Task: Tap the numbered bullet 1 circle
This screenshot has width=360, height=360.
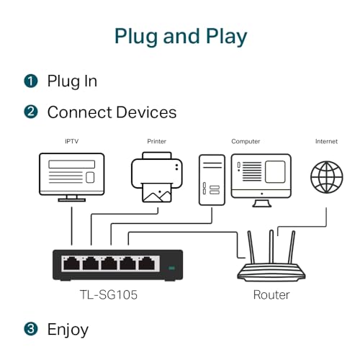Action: pos(30,81)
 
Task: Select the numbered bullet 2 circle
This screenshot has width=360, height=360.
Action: pos(30,112)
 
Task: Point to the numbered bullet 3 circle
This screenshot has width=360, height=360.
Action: pos(30,330)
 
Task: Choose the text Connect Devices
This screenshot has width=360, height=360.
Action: pos(112,112)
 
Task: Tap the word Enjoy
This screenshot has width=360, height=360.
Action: pos(68,330)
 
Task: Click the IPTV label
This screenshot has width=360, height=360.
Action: pos(71,142)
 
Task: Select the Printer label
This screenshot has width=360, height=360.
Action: pos(156,142)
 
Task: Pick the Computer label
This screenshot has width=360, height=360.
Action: pos(246,142)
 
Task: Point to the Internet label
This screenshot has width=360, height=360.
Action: pos(326,142)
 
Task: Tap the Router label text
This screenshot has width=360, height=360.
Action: pos(271,295)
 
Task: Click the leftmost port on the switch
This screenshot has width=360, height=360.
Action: pos(71,264)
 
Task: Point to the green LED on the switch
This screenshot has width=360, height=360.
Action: pos(171,269)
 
